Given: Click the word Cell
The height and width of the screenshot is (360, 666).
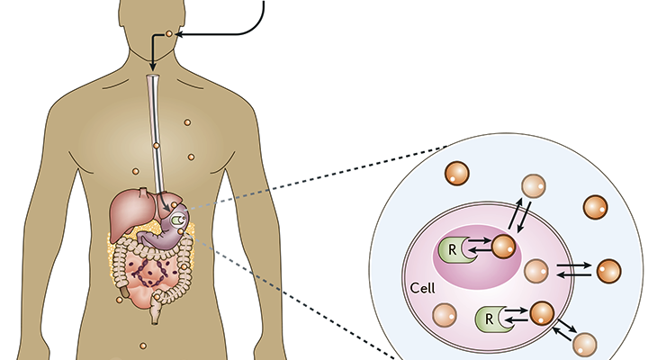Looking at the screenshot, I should coord(422,290).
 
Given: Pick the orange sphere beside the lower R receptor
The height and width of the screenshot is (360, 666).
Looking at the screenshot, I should coord(542,314).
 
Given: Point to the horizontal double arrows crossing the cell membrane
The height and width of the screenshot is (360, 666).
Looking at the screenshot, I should coord(574,269).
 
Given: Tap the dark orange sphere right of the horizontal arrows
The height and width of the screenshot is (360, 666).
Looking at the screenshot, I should coord(608,270).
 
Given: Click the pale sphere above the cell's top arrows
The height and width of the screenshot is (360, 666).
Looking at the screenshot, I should coord(535,184).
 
